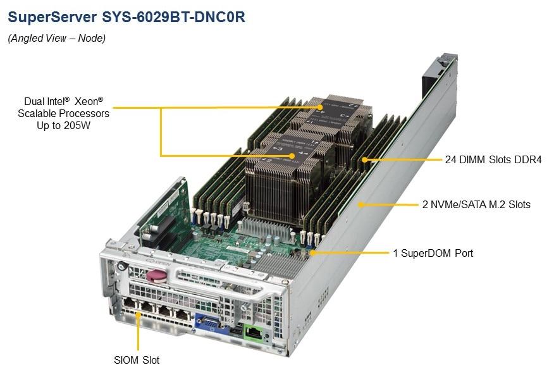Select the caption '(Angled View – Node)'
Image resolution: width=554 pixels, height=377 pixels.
(x=56, y=39)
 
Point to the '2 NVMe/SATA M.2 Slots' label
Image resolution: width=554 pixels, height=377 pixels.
(x=476, y=204)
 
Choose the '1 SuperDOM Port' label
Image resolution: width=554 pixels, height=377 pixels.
(x=433, y=253)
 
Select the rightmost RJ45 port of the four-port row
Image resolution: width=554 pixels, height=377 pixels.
(x=182, y=314)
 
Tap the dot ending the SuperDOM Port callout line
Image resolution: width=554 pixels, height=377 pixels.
(x=311, y=253)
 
